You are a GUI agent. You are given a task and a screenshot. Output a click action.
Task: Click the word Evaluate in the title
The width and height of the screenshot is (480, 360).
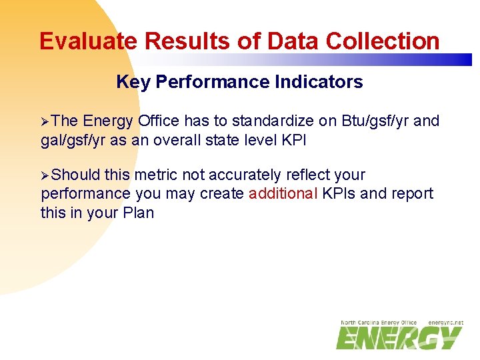(89, 41)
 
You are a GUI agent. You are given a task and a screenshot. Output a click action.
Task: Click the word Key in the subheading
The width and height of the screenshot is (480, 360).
(133, 82)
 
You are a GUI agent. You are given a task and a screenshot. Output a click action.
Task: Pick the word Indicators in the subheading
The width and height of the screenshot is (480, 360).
(321, 82)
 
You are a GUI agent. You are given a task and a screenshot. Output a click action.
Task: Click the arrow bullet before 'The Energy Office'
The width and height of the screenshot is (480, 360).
(45, 121)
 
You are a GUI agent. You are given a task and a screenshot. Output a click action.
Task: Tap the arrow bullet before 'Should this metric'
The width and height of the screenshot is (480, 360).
(45, 175)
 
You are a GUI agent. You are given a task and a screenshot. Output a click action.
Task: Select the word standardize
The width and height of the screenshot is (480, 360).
(284, 121)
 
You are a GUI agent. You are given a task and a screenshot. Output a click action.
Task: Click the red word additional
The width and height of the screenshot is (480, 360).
(283, 194)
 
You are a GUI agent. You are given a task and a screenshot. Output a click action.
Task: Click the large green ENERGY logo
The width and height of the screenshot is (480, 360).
(399, 339)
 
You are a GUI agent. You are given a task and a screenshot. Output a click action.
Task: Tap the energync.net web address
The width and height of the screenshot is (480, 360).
(445, 323)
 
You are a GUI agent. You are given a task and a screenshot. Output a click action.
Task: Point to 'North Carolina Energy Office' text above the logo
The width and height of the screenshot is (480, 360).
(378, 323)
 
